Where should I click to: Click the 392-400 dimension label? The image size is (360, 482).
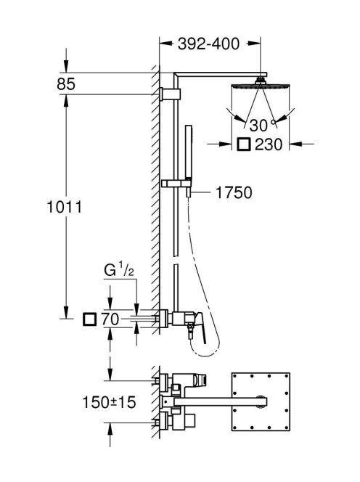click(208, 44)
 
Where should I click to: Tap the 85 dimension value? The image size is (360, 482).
click(66, 84)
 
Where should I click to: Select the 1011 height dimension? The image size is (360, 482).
click(65, 207)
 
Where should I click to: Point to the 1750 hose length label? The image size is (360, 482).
click(234, 193)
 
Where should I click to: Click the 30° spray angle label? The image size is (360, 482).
click(261, 126)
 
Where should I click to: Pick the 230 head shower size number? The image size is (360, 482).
click(269, 144)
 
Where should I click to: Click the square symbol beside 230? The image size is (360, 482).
click(245, 144)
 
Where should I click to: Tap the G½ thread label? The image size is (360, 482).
click(118, 271)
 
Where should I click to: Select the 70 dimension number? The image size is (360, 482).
click(110, 319)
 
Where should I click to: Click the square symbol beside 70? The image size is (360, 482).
click(89, 319)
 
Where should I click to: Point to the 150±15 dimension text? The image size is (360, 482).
click(109, 402)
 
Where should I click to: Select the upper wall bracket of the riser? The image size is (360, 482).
click(171, 94)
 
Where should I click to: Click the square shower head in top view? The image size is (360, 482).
click(261, 401)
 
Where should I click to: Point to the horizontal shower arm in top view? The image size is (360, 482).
click(220, 401)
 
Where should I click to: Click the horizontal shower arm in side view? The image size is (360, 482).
click(220, 75)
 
